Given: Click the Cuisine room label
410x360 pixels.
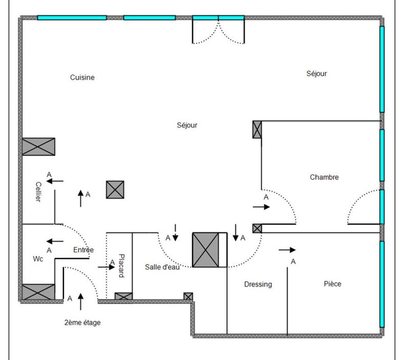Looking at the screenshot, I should pos(82,77).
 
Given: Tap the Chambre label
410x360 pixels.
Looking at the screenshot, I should pos(324,177).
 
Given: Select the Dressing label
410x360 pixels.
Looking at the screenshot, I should pos(258,284).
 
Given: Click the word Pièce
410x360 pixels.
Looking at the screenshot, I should pos(332,284).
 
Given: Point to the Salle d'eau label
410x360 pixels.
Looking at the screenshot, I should pos(162,267).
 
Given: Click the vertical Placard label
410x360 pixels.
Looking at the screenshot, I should pos(121,266).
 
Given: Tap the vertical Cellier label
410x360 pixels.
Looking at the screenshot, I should pos(38,192).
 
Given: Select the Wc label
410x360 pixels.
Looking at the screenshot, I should pos(38,259).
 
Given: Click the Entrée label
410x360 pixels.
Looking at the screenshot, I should pos(84,250).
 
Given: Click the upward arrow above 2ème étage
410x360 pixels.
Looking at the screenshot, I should pos(80,302).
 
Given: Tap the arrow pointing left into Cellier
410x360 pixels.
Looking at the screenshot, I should pos(55,181).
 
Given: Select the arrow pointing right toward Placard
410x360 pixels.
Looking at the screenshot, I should pos(106,267).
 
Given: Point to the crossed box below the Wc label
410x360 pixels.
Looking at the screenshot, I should pos(38,292).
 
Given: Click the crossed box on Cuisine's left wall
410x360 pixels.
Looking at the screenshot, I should pos(38,147).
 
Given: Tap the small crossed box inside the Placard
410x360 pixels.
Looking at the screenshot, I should pos(124,296).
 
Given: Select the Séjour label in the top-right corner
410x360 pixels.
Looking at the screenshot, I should pos(316,73).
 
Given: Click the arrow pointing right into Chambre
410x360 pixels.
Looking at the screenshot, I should pos(261,207).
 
